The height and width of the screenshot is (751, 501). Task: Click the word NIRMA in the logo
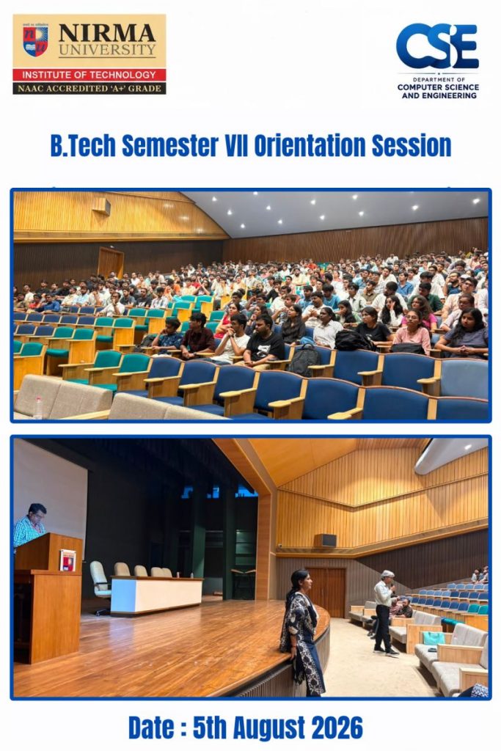pos(107,33)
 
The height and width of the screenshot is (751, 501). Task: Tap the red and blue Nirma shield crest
pos(35,41)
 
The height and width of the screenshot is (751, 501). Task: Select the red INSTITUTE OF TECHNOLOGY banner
pos(89,75)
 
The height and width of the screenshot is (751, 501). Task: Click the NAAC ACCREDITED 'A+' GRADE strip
pos(89,88)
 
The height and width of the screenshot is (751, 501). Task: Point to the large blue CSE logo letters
pos(437,46)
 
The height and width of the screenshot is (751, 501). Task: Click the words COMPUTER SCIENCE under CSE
pos(438,87)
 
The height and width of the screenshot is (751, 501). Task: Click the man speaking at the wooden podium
pos(29,525)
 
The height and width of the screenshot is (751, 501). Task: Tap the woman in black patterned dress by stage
pos(301,632)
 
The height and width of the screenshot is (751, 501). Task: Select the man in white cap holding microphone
pos(385,612)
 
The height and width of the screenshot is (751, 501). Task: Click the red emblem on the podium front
pos(67,560)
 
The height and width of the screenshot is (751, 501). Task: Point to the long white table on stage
pos(157,595)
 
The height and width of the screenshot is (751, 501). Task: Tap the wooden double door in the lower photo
pos(326,592)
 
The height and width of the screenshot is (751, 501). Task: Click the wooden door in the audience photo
pos(111,263)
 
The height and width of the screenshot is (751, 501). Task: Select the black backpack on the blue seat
pos(304,360)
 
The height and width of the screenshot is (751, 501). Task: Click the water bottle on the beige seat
pos(38,408)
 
